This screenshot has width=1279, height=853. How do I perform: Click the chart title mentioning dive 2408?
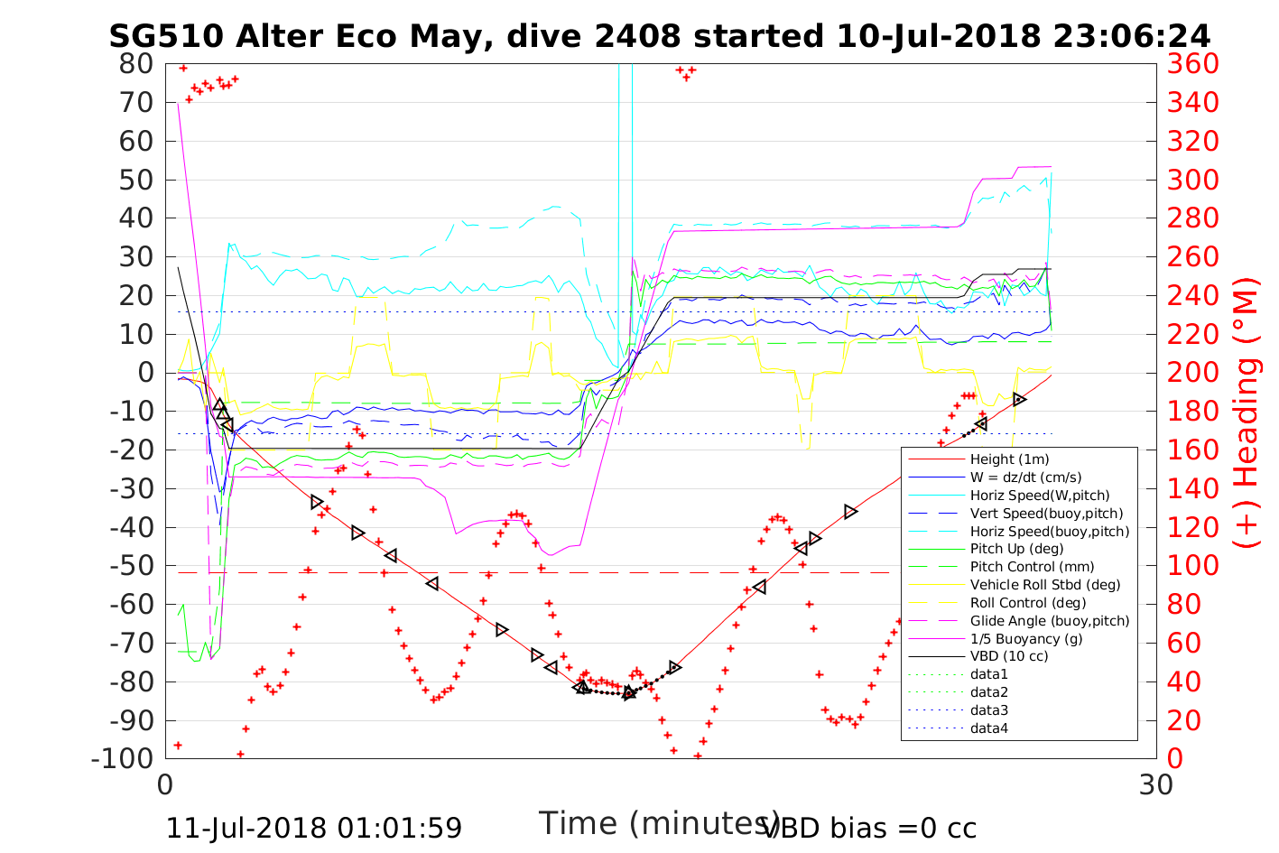tap(659, 35)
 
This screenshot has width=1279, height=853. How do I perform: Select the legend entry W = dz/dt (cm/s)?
tap(1025, 477)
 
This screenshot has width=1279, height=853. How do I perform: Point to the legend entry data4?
tap(988, 728)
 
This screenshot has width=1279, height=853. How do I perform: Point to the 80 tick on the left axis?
tap(135, 64)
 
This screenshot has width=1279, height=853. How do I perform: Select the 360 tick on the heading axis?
tap(1193, 64)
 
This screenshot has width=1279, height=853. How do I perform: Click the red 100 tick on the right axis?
tap(1193, 566)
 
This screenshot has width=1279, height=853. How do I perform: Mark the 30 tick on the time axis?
tap(1156, 784)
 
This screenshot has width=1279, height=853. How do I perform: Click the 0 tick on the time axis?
tap(165, 784)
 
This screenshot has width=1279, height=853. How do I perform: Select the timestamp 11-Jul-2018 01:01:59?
tap(314, 828)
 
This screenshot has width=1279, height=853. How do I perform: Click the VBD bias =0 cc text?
tap(869, 828)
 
